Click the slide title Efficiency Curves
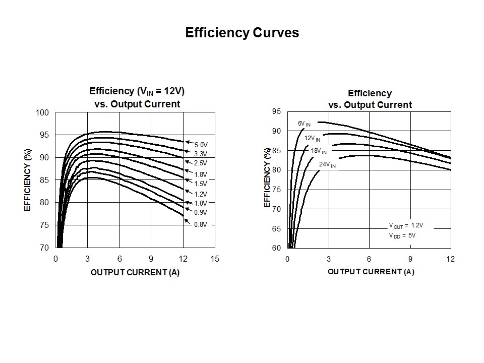click(242, 33)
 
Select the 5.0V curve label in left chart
click(201, 145)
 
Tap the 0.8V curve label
click(201, 224)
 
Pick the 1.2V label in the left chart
click(201, 194)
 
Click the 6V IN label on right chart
click(304, 124)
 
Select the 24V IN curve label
click(327, 164)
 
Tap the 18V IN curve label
click(319, 151)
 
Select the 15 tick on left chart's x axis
click(215, 259)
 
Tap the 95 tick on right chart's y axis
click(277, 111)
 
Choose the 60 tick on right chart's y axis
click(277, 248)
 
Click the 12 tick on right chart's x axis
click(450, 259)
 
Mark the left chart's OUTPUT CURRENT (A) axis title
click(135, 272)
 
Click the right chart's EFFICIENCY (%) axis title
click(268, 177)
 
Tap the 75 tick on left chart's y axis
click(44, 225)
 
